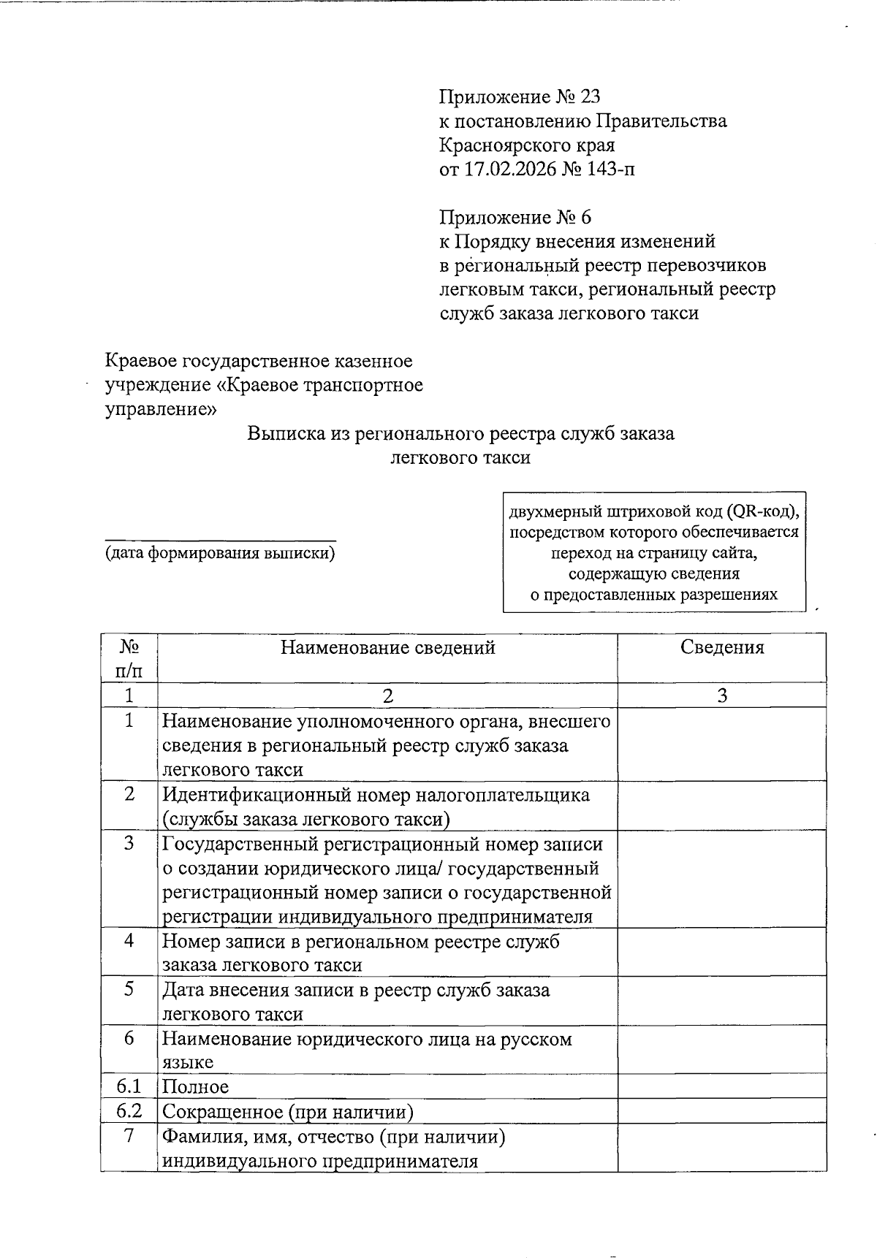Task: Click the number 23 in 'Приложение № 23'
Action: click(x=589, y=97)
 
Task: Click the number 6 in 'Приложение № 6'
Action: click(x=585, y=218)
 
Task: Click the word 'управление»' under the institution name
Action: click(x=161, y=409)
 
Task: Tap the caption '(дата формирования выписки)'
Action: click(x=220, y=553)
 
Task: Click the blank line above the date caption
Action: click(x=220, y=539)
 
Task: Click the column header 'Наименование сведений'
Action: click(x=387, y=648)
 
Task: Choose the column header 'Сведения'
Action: click(x=722, y=648)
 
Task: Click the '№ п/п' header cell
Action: click(x=129, y=657)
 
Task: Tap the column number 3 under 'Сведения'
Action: click(x=722, y=695)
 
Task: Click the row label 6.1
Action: click(x=129, y=1086)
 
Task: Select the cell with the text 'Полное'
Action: click(x=196, y=1087)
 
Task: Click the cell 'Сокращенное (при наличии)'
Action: click(x=288, y=1112)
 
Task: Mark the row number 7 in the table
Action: click(x=129, y=1137)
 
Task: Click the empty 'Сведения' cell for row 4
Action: click(x=722, y=952)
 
